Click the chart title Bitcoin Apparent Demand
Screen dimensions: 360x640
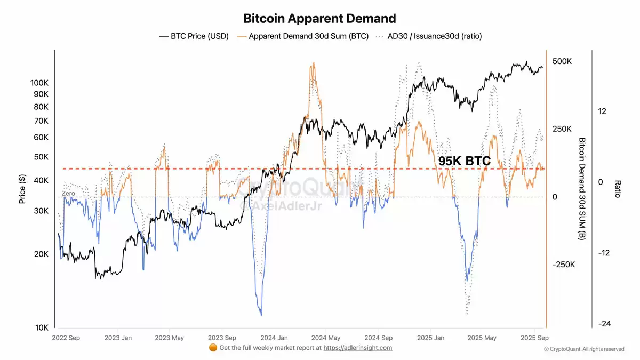tap(319, 19)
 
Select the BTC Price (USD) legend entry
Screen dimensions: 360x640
tap(194, 36)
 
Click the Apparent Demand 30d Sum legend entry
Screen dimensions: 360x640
tap(302, 36)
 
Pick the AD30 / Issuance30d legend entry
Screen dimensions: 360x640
tap(429, 36)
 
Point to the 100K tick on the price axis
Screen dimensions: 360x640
tap(40, 83)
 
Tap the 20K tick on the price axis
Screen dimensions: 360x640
tap(42, 254)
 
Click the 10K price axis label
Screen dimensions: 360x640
tap(42, 327)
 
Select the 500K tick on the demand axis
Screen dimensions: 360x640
tap(562, 62)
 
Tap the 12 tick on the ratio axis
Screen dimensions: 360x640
tap(602, 111)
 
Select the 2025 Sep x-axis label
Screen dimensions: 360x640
tap(534, 338)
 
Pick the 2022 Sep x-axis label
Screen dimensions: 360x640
tap(67, 338)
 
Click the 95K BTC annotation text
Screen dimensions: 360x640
tap(464, 161)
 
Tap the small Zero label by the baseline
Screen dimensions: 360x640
tap(68, 193)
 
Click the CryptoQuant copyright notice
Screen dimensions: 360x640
tap(583, 349)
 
